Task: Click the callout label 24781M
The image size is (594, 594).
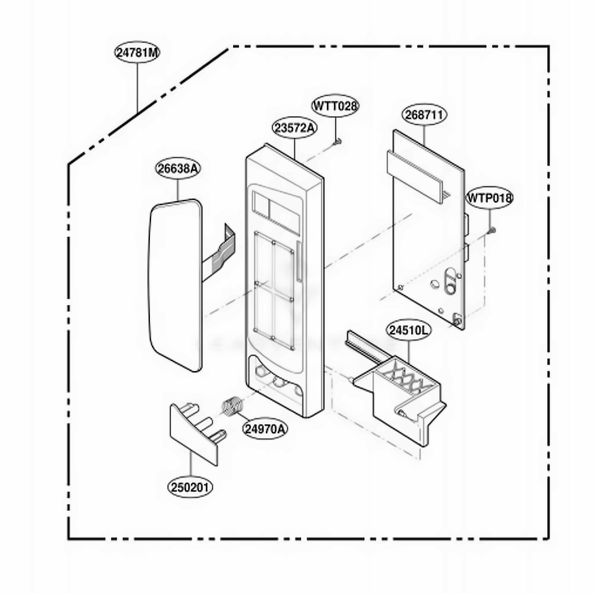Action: click(137, 52)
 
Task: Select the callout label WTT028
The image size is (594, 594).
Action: click(335, 106)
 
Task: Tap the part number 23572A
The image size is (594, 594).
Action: click(295, 128)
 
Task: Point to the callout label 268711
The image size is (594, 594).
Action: click(424, 115)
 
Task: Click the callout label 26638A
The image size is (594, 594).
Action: click(178, 169)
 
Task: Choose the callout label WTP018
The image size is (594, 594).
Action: click(489, 198)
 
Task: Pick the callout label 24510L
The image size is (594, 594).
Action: click(409, 330)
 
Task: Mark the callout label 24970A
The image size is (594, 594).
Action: click(265, 429)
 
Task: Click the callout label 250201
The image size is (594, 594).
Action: click(190, 487)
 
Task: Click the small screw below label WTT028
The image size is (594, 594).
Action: click(337, 142)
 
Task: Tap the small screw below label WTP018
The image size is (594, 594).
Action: click(492, 229)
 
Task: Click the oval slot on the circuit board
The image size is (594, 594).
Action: click(450, 281)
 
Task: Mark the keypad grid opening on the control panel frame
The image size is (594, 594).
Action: click(273, 290)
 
